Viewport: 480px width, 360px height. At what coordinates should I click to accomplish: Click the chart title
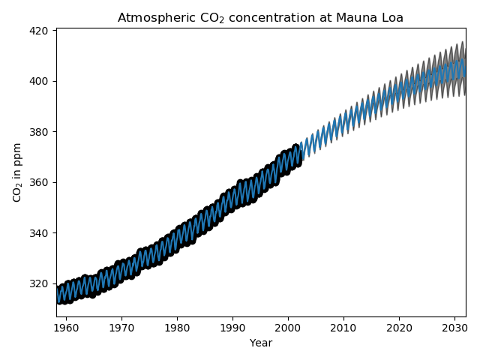[260, 18]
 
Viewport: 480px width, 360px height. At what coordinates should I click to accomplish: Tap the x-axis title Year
[260, 343]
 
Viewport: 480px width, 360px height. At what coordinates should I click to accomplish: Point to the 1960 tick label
[66, 328]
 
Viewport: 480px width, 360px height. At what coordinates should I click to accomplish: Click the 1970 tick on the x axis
[121, 328]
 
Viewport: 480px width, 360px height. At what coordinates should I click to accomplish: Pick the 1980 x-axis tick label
[177, 328]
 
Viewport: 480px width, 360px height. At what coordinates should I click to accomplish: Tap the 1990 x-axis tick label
[232, 328]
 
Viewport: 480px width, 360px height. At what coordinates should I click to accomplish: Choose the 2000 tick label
[288, 328]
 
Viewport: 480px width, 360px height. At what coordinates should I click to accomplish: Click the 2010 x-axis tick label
[343, 328]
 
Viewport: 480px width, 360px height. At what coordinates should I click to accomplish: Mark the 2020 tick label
[399, 328]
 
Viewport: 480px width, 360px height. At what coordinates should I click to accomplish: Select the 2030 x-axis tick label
[454, 328]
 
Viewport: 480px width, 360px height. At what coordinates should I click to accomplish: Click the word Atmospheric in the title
[151, 18]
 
